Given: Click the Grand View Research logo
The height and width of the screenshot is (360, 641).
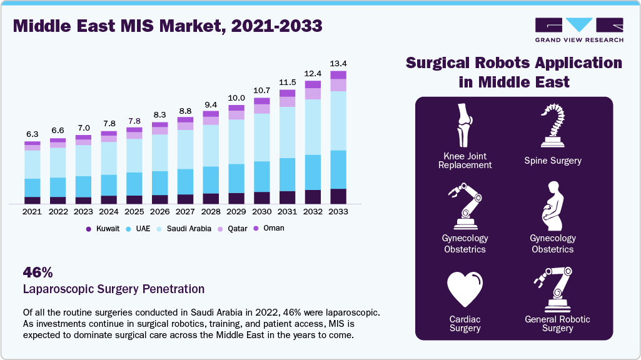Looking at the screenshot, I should (578, 29).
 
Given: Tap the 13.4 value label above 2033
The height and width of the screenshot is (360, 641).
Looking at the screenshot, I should (338, 63).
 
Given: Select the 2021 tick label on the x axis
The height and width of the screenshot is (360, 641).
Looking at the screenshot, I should (32, 212).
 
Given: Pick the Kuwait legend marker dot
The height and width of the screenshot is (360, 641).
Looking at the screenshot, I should (89, 229).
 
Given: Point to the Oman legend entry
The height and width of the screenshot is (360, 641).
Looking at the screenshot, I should (269, 228).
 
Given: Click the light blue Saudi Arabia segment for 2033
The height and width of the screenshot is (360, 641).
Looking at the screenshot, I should (338, 121).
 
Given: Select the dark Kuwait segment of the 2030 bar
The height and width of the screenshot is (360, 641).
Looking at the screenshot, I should (262, 197).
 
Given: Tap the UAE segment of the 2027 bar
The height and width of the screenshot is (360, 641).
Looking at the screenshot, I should (185, 181).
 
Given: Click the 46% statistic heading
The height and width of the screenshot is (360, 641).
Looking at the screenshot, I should (38, 272).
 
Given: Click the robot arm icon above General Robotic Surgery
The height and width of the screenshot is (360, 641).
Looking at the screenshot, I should (552, 288).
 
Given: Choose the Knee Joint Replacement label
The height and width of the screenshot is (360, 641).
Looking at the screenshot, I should (465, 161).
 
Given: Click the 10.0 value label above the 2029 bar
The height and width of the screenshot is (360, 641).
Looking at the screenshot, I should (236, 98).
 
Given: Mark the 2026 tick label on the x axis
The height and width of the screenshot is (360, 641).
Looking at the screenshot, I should (159, 212).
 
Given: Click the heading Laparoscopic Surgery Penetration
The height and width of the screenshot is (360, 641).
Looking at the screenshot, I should (113, 289).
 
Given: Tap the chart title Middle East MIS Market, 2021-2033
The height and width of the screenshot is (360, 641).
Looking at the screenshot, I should (168, 26).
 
